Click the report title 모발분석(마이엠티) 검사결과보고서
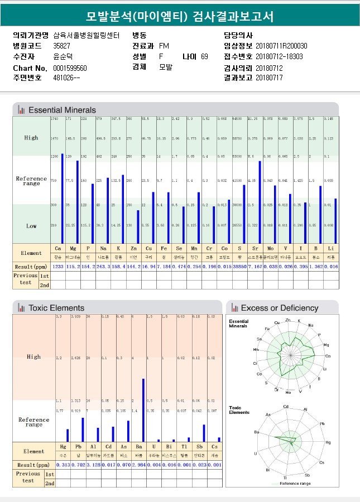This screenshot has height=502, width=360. [180, 16]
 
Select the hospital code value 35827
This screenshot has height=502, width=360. [61, 46]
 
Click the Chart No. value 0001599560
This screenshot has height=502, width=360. [70, 68]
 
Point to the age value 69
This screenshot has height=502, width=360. [204, 57]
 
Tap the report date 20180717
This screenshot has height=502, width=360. [269, 78]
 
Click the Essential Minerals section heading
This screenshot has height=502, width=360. [62, 110]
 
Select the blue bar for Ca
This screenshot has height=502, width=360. [62, 198]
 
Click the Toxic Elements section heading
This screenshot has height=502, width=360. [56, 308]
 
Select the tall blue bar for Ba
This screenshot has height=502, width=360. [143, 410]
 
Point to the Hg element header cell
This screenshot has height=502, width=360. [63, 446]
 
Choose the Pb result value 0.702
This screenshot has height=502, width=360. [78, 465]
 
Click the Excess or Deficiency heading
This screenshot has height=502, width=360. [280, 308]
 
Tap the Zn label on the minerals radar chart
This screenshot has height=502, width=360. [287, 320]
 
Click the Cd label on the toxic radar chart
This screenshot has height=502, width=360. [286, 407]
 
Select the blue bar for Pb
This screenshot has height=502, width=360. [83, 429]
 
